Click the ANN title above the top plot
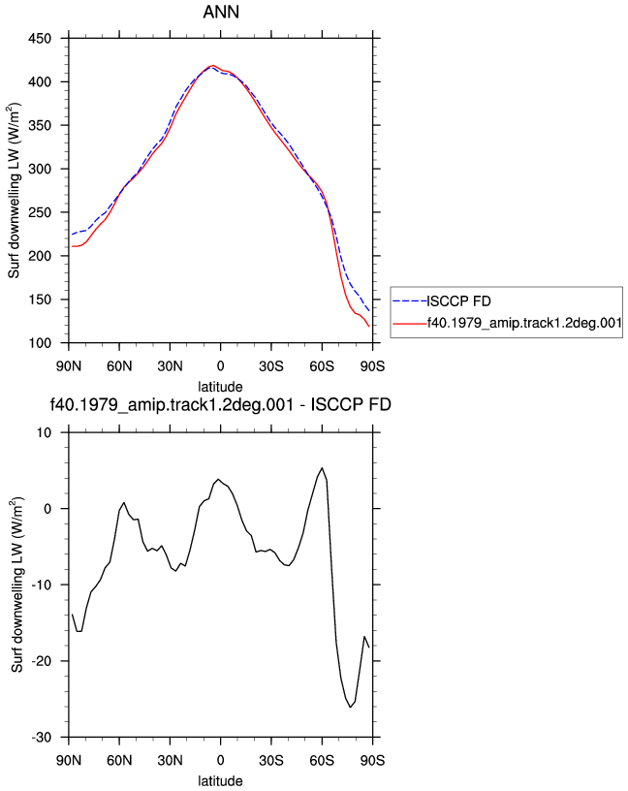221,12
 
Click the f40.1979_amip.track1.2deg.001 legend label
524,323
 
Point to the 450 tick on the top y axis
40,39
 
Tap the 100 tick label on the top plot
40,343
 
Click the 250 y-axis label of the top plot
40,212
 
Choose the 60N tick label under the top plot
119,365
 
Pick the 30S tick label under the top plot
271,365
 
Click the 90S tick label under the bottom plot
372,760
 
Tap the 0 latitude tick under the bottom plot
220,760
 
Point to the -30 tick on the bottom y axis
42,738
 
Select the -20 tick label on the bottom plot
42,661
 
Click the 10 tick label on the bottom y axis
45,433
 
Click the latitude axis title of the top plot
220,387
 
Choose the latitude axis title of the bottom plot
220,781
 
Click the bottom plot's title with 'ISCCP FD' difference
221,404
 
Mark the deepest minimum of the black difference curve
350,708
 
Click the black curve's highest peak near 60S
322,467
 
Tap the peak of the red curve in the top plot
213,66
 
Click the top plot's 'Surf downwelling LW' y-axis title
14,191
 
